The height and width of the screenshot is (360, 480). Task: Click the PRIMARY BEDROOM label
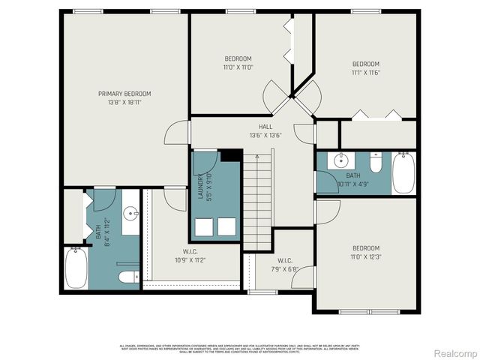[x=124, y=94]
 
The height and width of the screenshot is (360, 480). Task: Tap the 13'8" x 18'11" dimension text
[x=124, y=102]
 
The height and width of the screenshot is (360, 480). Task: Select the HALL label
[x=265, y=127]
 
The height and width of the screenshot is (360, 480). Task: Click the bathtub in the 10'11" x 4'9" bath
[x=403, y=172]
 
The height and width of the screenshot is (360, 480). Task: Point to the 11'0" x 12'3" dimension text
[x=366, y=256]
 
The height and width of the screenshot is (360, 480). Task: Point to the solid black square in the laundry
[x=231, y=156]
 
